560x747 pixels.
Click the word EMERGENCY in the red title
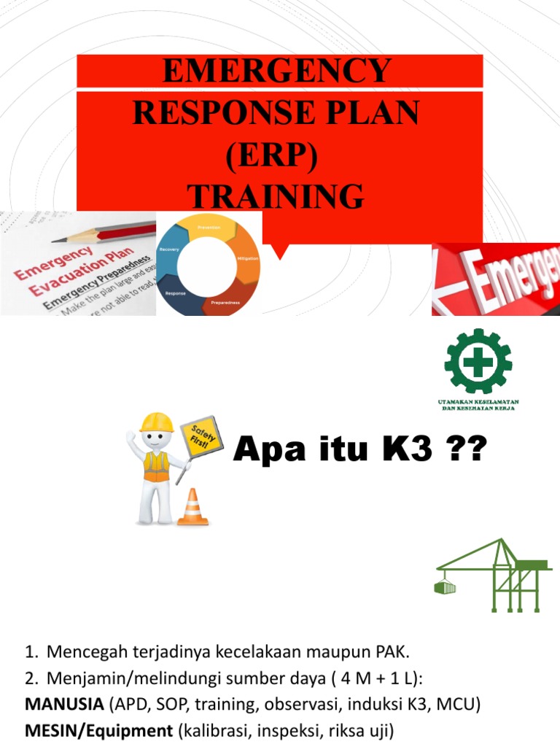click(276, 71)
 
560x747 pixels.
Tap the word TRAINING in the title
click(276, 197)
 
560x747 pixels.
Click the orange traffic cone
click(193, 507)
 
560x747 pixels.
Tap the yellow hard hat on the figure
click(155, 422)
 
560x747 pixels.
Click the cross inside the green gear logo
click(478, 360)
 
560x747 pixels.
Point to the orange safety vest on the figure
click(155, 465)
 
